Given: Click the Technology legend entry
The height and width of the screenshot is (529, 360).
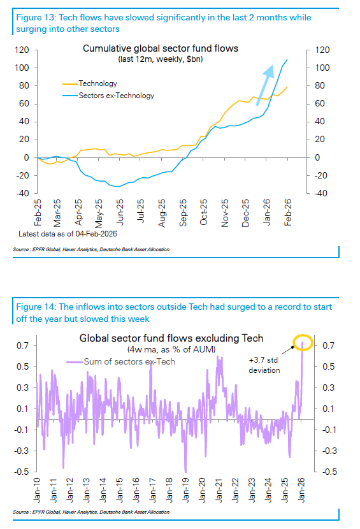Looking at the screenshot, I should click(x=97, y=83).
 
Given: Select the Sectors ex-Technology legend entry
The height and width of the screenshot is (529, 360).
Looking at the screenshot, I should click(x=116, y=96).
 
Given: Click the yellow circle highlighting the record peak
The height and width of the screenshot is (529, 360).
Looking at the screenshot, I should click(x=303, y=344).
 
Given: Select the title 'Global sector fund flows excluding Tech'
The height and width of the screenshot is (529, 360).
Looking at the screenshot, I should click(x=171, y=338).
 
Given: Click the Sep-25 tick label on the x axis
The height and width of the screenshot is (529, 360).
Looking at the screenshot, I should click(x=184, y=209).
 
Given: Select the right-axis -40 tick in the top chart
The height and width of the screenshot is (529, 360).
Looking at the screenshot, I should click(x=316, y=193).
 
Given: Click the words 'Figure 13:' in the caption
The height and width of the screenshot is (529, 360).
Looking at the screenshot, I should click(x=34, y=18).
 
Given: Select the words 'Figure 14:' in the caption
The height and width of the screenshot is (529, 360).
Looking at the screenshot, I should click(x=34, y=307).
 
